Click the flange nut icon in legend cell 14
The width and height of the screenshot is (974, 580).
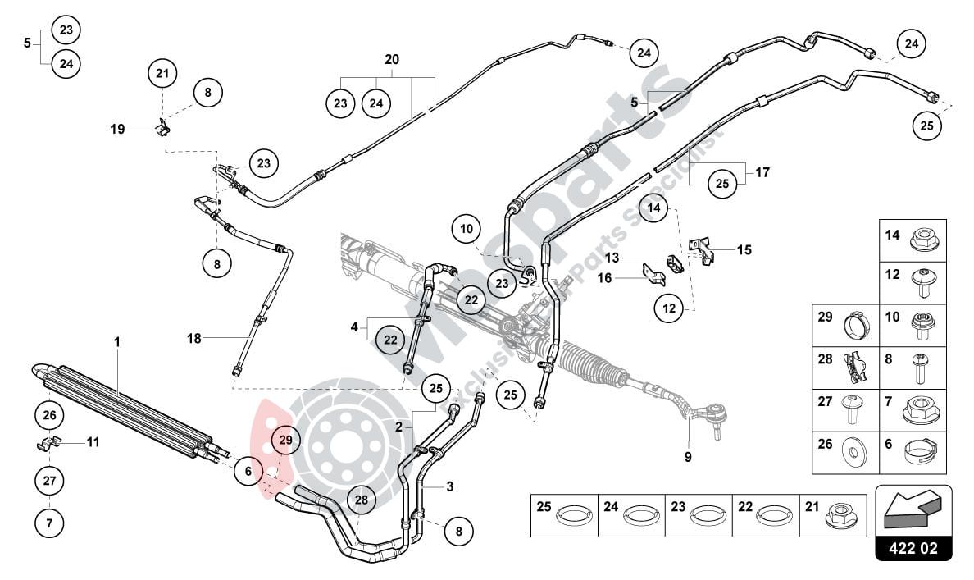[x=922, y=240]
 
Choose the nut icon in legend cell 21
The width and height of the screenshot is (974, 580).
[x=840, y=516]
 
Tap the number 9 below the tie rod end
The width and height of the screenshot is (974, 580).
[x=688, y=457]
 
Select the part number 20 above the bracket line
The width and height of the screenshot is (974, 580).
[x=392, y=60]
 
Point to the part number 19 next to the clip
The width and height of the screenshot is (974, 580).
[x=118, y=129]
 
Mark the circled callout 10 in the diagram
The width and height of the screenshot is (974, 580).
[x=467, y=229]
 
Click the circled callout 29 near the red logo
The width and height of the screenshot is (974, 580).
[x=285, y=441]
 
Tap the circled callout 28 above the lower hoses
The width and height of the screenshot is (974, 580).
[x=361, y=499]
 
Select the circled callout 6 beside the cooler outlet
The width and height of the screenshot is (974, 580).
[x=248, y=471]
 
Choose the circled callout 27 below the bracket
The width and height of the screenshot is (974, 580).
[x=49, y=481]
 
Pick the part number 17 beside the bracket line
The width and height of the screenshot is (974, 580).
[x=762, y=173]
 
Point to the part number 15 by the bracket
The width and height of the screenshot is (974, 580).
[x=744, y=249]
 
